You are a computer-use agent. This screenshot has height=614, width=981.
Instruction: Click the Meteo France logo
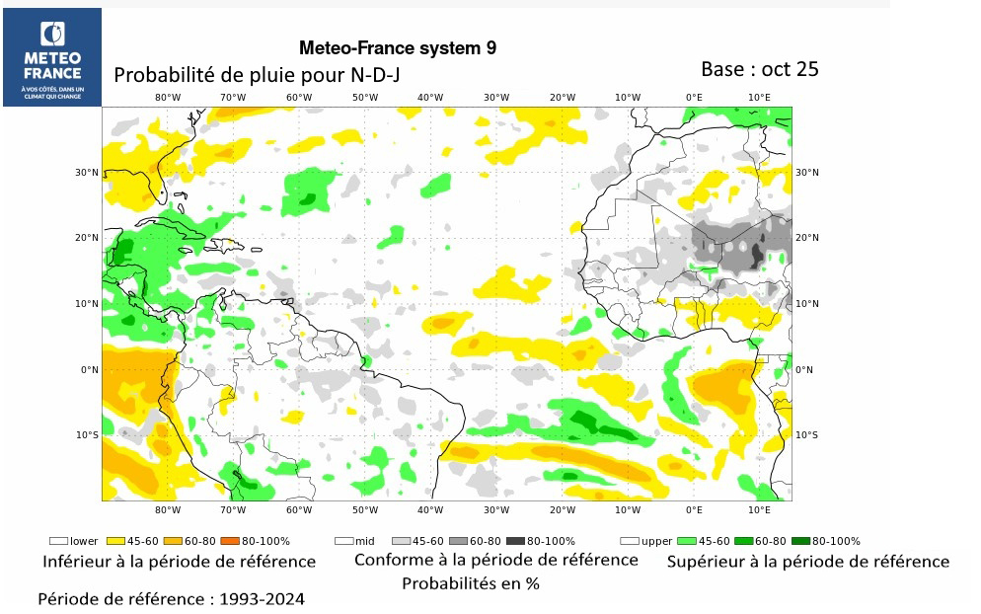click(52, 56)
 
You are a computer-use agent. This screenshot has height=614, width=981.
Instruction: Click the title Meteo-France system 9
click(397, 47)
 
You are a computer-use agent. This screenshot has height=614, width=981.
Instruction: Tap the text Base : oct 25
click(759, 69)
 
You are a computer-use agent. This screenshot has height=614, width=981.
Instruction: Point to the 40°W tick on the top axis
click(430, 97)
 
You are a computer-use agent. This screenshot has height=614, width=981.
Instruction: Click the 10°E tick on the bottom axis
click(759, 510)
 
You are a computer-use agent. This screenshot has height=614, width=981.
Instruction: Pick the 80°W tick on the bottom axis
click(168, 510)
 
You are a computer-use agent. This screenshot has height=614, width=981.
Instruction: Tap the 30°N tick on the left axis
click(88, 173)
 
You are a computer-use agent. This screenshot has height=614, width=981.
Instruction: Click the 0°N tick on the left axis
click(90, 370)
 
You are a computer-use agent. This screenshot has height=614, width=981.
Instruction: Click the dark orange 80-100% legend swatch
click(227, 541)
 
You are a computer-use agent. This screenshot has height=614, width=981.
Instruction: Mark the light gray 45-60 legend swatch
click(401, 541)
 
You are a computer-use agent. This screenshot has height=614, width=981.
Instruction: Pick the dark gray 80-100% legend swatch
click(515, 541)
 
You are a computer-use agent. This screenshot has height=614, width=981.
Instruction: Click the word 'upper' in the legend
click(656, 541)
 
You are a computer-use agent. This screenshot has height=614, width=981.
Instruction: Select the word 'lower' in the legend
click(84, 541)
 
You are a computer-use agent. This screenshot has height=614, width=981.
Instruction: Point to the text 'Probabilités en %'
click(470, 583)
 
